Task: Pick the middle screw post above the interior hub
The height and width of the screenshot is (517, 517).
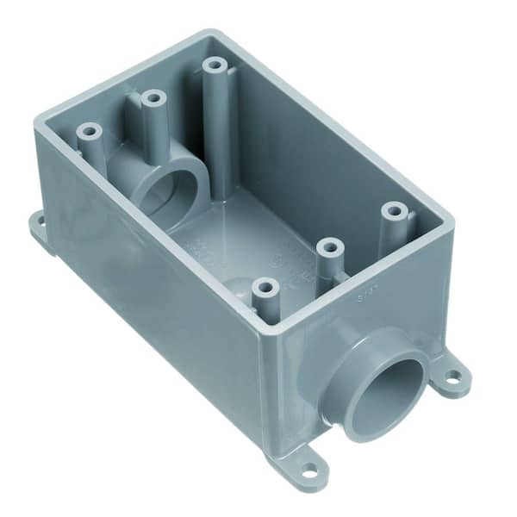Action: [x=153, y=99]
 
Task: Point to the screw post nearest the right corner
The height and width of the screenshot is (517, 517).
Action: [x=395, y=210]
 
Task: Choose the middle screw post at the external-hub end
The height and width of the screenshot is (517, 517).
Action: [x=327, y=248]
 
